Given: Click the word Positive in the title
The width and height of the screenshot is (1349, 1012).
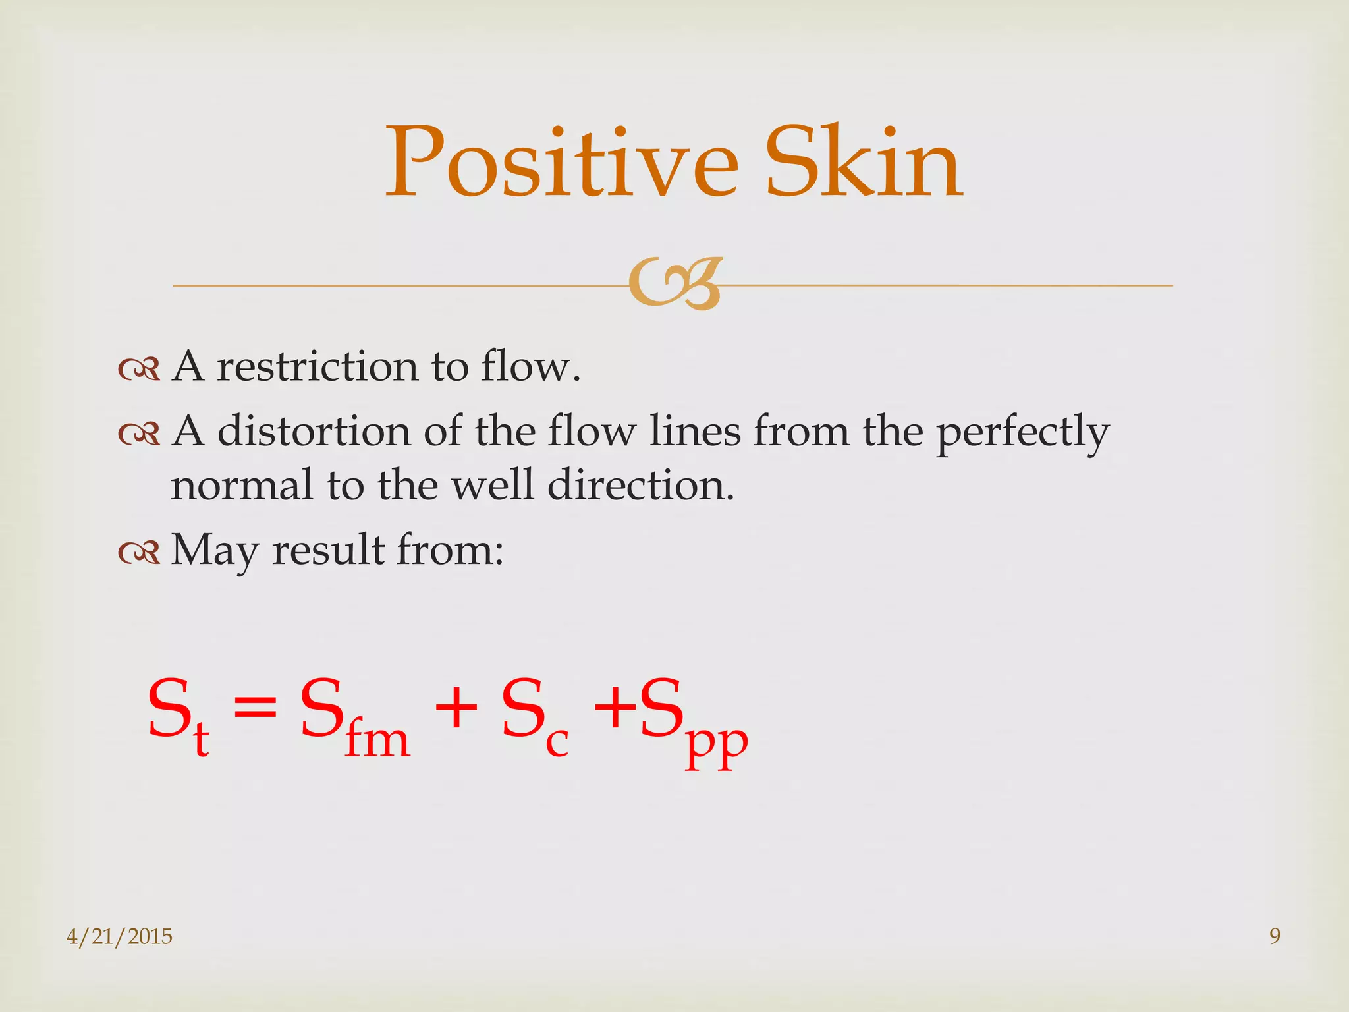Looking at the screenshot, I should [x=561, y=163].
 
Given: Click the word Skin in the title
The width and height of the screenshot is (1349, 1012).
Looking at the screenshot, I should [x=864, y=163].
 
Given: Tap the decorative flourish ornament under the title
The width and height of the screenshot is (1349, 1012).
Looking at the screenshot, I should [x=675, y=284].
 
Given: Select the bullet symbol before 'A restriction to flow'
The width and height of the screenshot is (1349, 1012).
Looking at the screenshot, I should [x=139, y=369].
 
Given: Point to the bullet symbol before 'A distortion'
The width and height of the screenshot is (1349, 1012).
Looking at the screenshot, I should [x=139, y=434].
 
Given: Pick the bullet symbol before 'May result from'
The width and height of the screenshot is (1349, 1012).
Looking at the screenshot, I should [x=139, y=552].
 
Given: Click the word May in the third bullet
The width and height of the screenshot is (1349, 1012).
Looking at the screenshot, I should [x=215, y=551].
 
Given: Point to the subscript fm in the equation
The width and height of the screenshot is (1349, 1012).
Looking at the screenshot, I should [x=377, y=740].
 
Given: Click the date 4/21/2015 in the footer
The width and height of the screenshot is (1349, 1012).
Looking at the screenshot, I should [x=119, y=936].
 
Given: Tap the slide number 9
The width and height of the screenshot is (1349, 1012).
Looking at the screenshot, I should [x=1275, y=936].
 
